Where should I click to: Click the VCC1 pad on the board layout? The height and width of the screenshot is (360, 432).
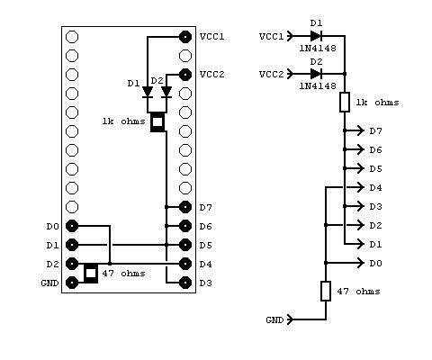(x=185, y=37)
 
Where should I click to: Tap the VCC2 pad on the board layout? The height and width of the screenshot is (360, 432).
(x=185, y=75)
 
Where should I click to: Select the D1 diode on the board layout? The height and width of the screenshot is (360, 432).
(x=148, y=92)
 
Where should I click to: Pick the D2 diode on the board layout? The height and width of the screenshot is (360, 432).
(x=166, y=92)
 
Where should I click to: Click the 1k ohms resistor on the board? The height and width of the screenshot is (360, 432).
(x=157, y=121)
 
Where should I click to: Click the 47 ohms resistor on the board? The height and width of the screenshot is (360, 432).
(x=91, y=273)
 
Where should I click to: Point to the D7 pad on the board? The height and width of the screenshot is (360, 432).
(x=185, y=207)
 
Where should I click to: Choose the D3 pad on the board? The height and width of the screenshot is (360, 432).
(x=185, y=283)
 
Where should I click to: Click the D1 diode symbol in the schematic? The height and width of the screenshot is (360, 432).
(x=315, y=36)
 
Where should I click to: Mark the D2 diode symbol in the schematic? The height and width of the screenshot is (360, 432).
(x=315, y=73)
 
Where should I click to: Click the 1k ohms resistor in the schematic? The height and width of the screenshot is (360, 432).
(x=345, y=103)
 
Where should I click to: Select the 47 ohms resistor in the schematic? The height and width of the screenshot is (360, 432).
(x=326, y=291)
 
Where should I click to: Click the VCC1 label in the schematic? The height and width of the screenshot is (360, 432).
(x=271, y=37)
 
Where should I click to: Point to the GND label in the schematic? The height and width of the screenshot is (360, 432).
(x=274, y=319)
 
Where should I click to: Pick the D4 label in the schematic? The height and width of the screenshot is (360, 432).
(x=375, y=187)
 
